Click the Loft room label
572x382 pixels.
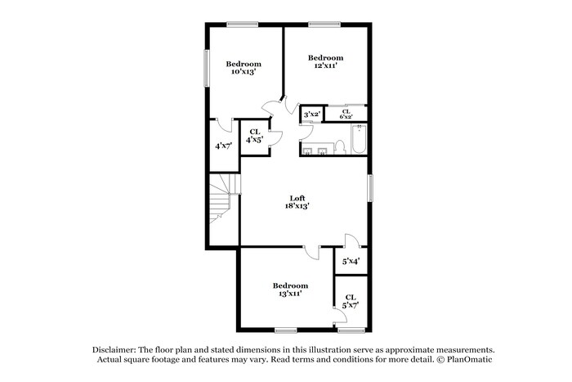[297, 197]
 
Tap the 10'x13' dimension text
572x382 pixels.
[244, 72]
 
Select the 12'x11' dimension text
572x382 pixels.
[325, 65]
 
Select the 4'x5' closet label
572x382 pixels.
[254, 136]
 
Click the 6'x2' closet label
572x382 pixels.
[346, 115]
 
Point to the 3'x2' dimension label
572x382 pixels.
[311, 115]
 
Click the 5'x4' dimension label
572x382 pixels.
[351, 261]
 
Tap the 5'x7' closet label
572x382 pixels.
[351, 301]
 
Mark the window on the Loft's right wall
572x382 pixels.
[370, 187]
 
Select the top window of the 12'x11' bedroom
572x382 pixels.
[324, 23]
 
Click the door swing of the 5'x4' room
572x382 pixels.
[349, 242]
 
